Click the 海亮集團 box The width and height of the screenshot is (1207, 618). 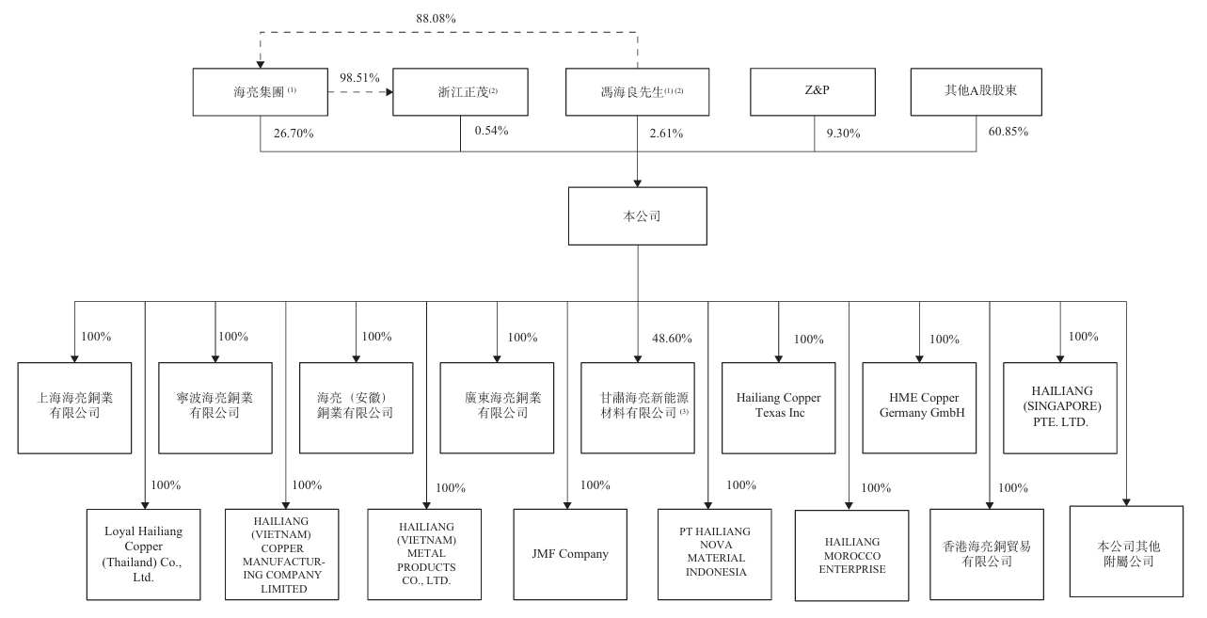[259, 91]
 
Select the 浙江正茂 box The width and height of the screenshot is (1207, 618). [460, 91]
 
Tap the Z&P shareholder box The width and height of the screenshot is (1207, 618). [815, 91]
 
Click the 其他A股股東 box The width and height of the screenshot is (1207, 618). [976, 91]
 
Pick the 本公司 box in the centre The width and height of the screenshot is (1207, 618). [639, 215]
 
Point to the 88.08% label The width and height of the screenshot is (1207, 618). [436, 18]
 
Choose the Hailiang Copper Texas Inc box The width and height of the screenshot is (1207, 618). [778, 405]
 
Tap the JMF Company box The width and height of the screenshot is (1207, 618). [569, 554]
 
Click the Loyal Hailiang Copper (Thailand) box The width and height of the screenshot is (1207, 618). [144, 554]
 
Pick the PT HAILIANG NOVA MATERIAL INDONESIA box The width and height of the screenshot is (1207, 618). [713, 553]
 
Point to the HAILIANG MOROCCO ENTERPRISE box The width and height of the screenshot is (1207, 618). [851, 555]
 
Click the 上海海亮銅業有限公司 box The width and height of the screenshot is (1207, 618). [73, 405]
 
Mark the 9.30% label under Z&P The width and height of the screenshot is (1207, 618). [843, 133]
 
